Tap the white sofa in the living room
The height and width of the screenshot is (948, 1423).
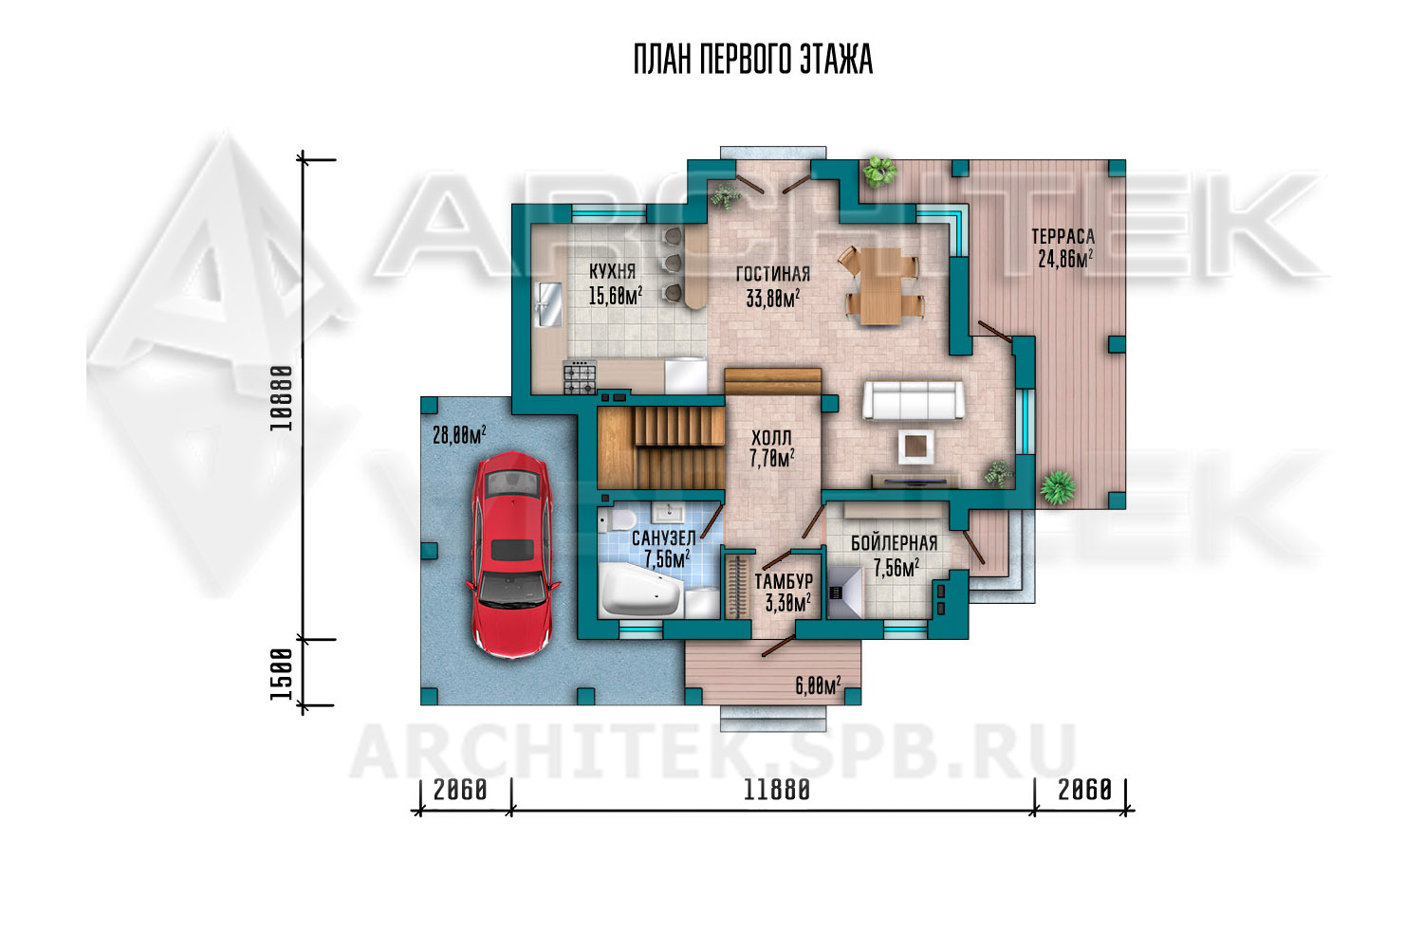coord(913,399)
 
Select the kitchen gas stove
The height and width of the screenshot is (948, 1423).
coord(580,377)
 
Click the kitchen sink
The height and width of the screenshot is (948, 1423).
coord(549,304)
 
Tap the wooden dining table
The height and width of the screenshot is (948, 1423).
coord(879,285)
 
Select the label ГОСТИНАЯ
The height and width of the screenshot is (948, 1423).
coord(772,274)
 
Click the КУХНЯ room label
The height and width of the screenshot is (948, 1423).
coord(613,272)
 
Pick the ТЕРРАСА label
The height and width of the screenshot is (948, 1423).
coord(1063,236)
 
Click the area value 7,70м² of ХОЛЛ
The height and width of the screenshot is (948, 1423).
coord(772,458)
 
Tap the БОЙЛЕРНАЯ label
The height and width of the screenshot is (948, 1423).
coord(894,543)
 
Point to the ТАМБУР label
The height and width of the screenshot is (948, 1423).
coord(784,581)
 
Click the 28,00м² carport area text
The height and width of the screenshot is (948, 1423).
coord(459,434)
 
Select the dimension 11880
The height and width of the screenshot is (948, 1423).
coord(776,790)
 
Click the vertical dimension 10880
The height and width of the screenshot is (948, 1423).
coord(282,398)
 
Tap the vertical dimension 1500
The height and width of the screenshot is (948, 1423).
coord(282,674)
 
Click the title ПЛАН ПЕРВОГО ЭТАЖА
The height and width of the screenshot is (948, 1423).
coord(753,59)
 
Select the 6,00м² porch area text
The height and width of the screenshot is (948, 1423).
coord(818,685)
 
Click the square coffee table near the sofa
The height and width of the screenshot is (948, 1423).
coord(915,446)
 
